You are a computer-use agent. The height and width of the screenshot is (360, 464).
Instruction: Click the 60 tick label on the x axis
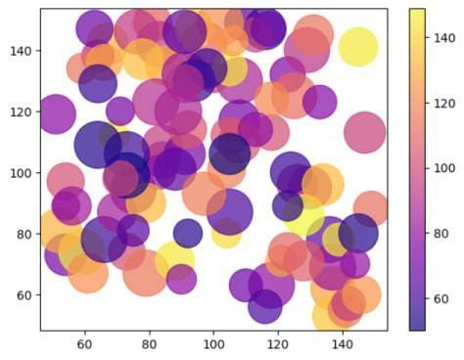(x=84, y=345)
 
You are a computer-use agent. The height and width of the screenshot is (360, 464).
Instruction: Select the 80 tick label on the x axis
(x=149, y=345)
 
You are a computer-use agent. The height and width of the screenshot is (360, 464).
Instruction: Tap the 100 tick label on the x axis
(x=213, y=345)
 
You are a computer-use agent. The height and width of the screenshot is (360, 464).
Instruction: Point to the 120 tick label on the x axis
(x=278, y=345)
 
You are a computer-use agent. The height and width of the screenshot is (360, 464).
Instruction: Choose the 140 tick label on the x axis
(x=343, y=345)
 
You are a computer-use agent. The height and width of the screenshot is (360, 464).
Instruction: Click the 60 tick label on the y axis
(x=24, y=295)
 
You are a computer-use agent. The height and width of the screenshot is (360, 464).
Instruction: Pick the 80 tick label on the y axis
(x=24, y=235)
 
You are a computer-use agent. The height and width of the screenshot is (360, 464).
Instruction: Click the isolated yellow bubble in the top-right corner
(x=358, y=47)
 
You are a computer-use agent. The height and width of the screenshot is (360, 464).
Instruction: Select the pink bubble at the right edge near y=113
(x=365, y=132)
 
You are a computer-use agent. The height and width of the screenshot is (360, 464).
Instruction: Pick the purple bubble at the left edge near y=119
(x=56, y=114)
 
